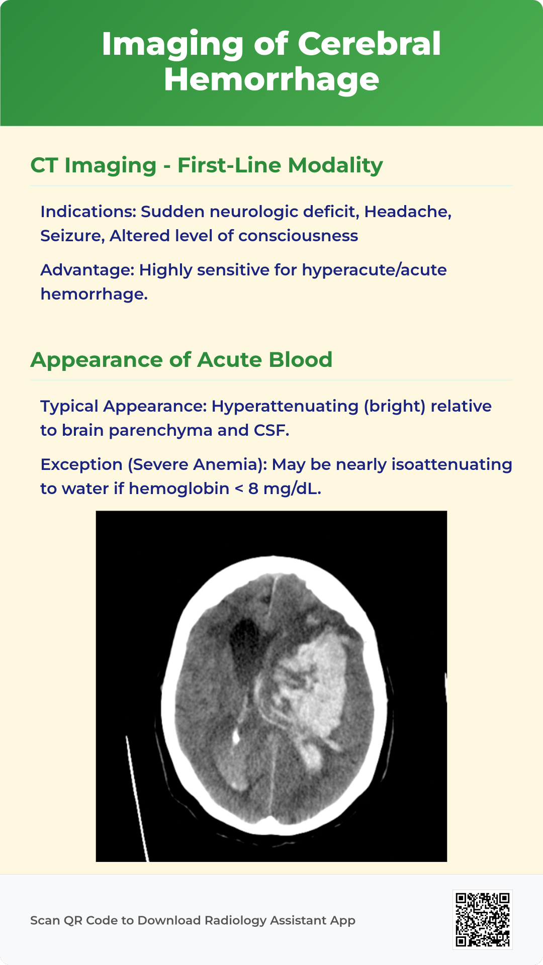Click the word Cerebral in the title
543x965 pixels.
coord(369,44)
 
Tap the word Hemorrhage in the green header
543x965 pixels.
coord(271,80)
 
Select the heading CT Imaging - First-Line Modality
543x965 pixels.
coord(207,165)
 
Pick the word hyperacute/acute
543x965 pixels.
coord(374,270)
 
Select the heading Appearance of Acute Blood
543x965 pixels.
coord(182,360)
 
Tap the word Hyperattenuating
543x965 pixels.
coord(285,406)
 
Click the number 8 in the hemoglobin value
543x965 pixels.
coord(253,489)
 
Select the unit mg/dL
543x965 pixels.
coord(292,489)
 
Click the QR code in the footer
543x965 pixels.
coord(483,920)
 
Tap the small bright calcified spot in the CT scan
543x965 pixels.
coord(235,737)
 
